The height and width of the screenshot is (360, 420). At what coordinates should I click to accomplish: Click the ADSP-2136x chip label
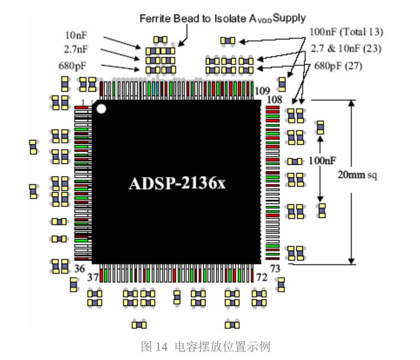click(177, 183)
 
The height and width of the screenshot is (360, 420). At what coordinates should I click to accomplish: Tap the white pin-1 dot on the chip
click(101, 108)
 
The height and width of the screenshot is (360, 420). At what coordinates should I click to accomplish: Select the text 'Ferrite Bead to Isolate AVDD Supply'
click(222, 18)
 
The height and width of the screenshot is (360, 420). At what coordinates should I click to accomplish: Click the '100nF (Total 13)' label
click(346, 32)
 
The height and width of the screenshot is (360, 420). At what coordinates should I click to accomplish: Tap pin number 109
click(262, 90)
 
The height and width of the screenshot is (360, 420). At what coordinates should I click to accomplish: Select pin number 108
click(274, 100)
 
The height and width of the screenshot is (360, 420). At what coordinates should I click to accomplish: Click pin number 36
click(79, 268)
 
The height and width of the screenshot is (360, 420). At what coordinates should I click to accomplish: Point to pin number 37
click(93, 277)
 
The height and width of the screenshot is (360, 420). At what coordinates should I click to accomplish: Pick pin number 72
click(261, 277)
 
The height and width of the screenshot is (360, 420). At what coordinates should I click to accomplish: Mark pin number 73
click(275, 269)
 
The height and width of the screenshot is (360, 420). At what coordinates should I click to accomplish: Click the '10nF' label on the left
click(76, 35)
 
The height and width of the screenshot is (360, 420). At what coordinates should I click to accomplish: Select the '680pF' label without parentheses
click(73, 66)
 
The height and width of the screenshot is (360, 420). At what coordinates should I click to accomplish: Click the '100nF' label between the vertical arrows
click(322, 160)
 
